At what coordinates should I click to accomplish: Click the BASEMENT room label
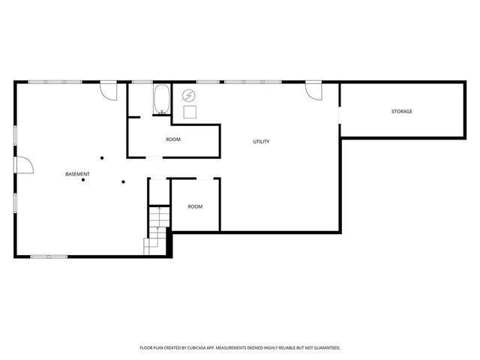coord(77,174)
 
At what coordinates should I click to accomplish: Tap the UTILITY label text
coord(261,142)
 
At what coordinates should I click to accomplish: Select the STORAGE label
coord(401,112)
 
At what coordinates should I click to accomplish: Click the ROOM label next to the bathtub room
coord(173,139)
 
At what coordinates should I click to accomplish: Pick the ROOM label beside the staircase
coord(195,206)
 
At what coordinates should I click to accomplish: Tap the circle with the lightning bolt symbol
coord(190,95)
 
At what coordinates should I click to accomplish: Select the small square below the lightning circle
coord(190,112)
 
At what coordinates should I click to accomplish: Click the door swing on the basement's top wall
coord(109,90)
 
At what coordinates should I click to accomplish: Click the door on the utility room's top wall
coord(313,90)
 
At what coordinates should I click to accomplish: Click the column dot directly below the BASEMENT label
coord(84,180)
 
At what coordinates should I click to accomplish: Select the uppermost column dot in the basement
coord(102,157)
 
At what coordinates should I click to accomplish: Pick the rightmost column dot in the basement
coord(124,181)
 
